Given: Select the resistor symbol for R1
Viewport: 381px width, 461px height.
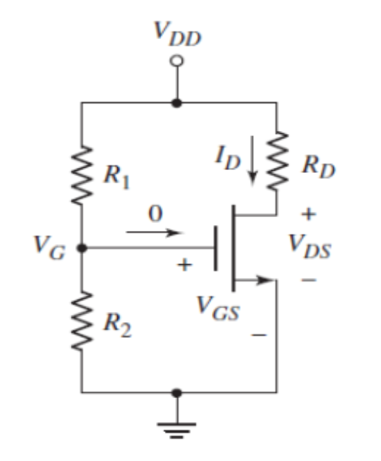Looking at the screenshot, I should click(x=82, y=174).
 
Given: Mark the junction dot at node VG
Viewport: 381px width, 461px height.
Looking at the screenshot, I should click(x=82, y=248).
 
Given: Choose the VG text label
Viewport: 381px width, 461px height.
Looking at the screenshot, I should click(x=48, y=248).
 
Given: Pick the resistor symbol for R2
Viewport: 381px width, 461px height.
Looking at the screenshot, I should click(x=82, y=321).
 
